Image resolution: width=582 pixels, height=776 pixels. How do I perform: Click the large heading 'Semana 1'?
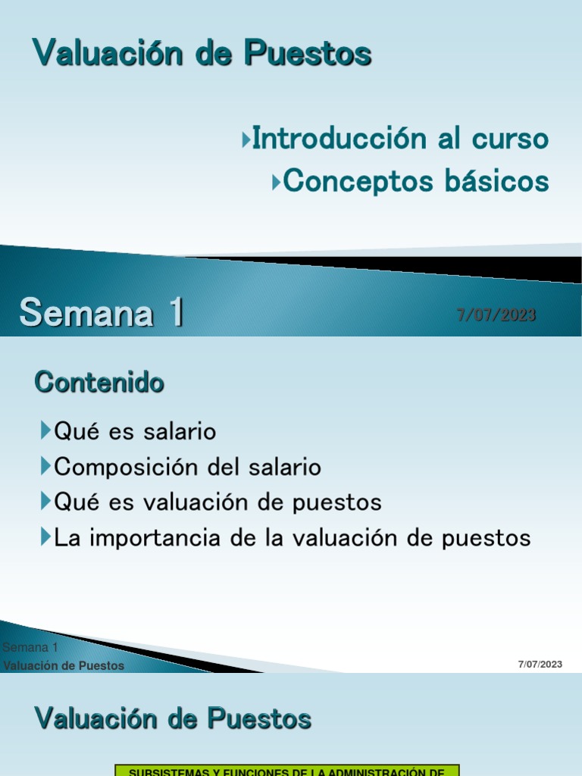(x=102, y=312)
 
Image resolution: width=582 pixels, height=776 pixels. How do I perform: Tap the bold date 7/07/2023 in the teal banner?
(x=496, y=314)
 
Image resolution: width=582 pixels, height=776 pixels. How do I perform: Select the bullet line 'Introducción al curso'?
(x=400, y=139)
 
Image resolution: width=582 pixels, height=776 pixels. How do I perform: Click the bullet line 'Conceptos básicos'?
(x=416, y=181)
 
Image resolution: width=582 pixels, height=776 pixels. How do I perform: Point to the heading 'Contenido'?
(x=99, y=383)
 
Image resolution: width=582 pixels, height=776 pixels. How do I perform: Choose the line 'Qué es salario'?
(x=135, y=432)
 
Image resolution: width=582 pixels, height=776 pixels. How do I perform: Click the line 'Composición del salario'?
(x=187, y=467)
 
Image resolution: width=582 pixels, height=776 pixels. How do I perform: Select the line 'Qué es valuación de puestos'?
(x=217, y=502)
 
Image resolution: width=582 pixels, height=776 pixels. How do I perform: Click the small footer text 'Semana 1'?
(x=30, y=647)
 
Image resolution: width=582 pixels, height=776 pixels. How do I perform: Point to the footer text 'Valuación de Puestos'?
(x=64, y=665)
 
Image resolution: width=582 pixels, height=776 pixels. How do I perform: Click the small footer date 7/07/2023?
(x=540, y=665)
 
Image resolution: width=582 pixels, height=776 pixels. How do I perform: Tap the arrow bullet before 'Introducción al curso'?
(x=246, y=140)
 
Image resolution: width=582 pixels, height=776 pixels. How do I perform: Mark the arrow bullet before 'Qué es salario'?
(x=45, y=432)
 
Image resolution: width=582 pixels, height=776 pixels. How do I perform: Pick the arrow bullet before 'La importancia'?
(x=45, y=538)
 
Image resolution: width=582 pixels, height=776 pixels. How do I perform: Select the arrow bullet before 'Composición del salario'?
(x=45, y=467)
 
